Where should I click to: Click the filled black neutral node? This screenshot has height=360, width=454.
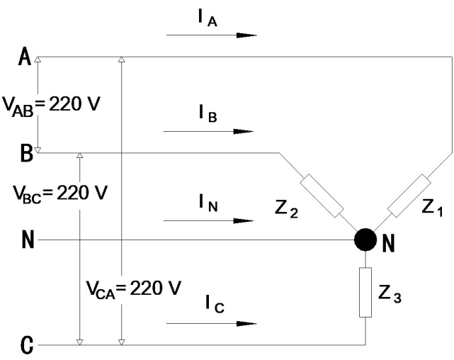[x=365, y=240]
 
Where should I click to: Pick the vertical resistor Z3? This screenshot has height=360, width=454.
[x=365, y=292]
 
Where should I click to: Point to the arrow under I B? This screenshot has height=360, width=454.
[x=208, y=131]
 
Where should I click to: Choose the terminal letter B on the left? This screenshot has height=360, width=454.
[x=25, y=154]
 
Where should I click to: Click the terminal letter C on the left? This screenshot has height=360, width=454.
[x=26, y=347]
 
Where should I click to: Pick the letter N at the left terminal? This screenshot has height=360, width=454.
[x=27, y=241]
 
